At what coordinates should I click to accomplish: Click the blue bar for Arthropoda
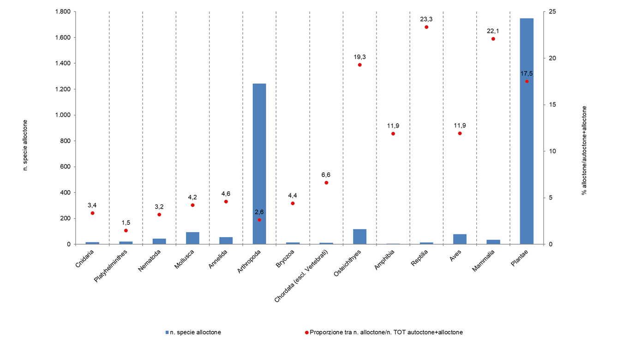[259, 164]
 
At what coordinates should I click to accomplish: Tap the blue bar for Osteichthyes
[359, 236]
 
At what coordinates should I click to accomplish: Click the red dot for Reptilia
[426, 27]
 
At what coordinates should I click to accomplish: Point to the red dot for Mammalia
[493, 39]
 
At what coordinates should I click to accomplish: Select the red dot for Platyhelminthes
[126, 230]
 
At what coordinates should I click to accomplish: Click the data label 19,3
[359, 57]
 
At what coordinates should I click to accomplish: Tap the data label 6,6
[326, 175]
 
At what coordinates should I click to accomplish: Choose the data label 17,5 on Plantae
[527, 73]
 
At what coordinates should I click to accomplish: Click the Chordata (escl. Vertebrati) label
[301, 276]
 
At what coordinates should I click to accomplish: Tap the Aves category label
[456, 255]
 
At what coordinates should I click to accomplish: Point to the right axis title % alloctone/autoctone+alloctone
[584, 150]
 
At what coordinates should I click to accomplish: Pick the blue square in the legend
[167, 332]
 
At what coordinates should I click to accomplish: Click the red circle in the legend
[306, 332]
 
